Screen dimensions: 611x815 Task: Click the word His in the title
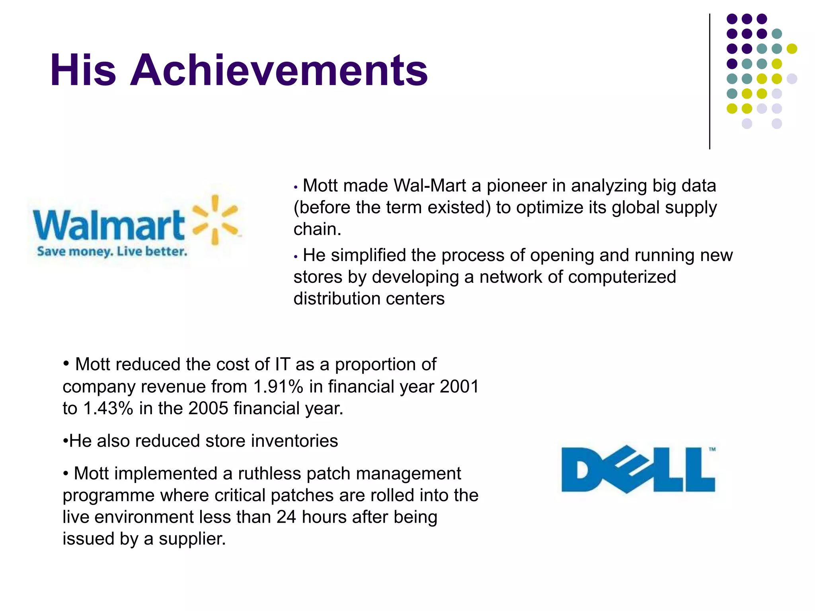click(83, 70)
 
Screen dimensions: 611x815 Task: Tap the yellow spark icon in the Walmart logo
click(215, 219)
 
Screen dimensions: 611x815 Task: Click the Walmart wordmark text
click(109, 225)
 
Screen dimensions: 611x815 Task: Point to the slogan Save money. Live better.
click(112, 251)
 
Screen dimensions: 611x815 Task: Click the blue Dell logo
click(638, 469)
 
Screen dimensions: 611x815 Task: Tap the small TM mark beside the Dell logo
click(712, 449)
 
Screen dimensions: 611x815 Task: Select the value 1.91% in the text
click(278, 387)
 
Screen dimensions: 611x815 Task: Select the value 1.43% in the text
click(108, 409)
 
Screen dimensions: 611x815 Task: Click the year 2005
click(208, 409)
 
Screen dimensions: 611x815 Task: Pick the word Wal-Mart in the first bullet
click(430, 186)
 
